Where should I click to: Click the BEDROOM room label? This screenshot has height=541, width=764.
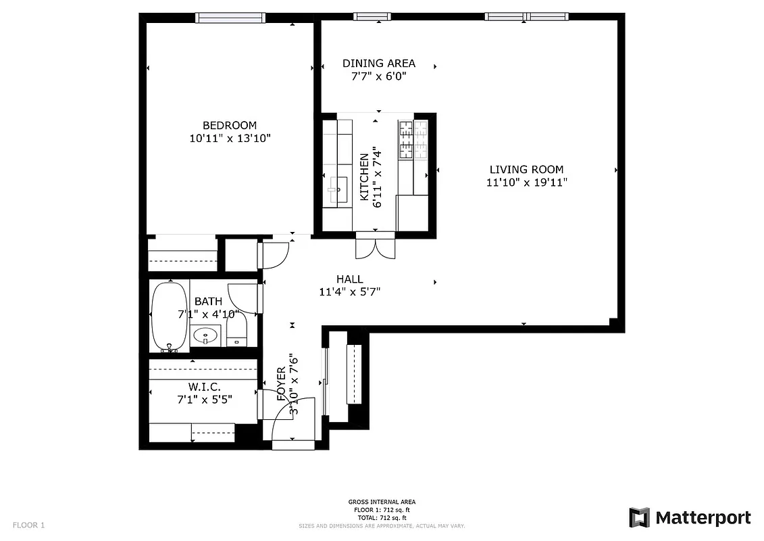click(x=230, y=125)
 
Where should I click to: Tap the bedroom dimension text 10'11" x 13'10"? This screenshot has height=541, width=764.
click(x=230, y=139)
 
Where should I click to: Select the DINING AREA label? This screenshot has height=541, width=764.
click(x=378, y=64)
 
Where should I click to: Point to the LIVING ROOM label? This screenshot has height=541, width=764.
click(x=526, y=170)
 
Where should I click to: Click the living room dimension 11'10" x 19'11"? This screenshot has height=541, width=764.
click(x=526, y=183)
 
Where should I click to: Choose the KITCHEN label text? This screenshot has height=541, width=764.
click(x=364, y=177)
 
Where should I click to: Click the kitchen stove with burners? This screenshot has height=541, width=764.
click(x=413, y=140)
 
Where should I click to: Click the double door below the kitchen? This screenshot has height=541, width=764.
click(x=375, y=247)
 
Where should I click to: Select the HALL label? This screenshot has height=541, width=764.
click(x=350, y=279)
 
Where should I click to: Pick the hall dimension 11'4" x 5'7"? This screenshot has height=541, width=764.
click(x=350, y=292)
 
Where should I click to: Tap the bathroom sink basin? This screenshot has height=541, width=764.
click(x=205, y=335)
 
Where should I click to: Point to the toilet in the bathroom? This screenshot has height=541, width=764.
click(x=237, y=332)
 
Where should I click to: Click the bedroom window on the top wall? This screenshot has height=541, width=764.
click(x=230, y=18)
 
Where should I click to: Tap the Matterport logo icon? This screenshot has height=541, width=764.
click(x=639, y=517)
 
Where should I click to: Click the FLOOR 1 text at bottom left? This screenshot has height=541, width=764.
click(x=28, y=525)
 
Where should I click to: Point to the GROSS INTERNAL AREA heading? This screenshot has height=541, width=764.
click(x=382, y=502)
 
